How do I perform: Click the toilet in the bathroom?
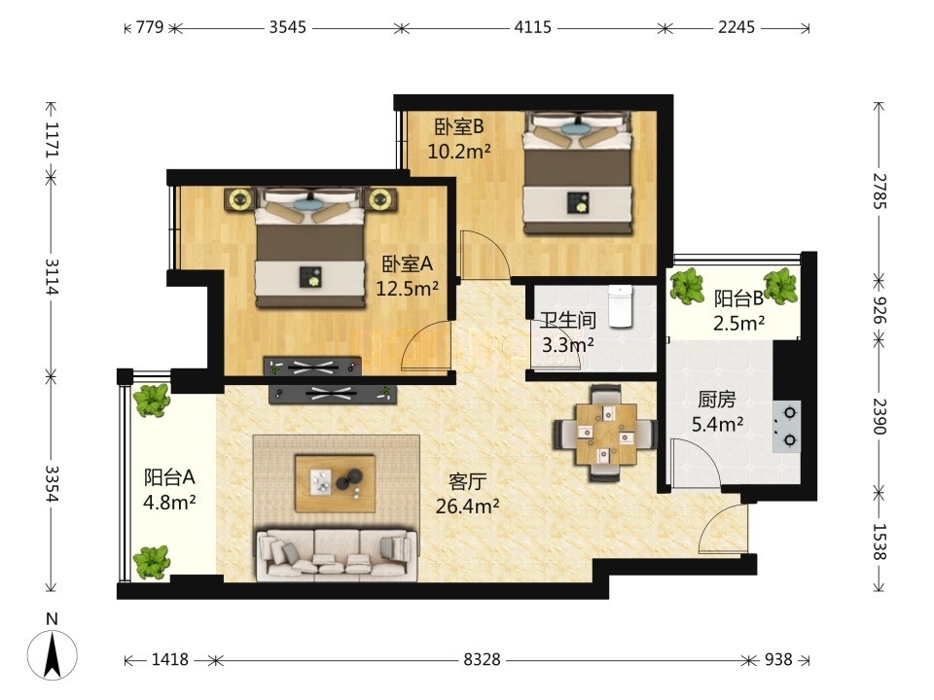pyautogui.click(x=620, y=306)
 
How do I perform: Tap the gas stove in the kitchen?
pyautogui.click(x=787, y=426)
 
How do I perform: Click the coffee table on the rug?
pyautogui.click(x=335, y=483)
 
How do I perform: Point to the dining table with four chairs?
pyautogui.click(x=606, y=433)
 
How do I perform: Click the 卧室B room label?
pyautogui.click(x=458, y=126)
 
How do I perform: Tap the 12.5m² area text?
pyautogui.click(x=408, y=289)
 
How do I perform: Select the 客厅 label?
pyautogui.click(x=468, y=480)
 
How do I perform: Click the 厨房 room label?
pyautogui.click(x=717, y=400)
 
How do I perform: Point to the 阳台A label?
pyautogui.click(x=169, y=476)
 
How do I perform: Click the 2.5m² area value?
pyautogui.click(x=739, y=323)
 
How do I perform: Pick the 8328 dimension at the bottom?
pyautogui.click(x=482, y=659)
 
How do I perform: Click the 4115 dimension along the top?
pyautogui.click(x=532, y=27)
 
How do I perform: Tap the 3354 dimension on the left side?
pyautogui.click(x=53, y=483)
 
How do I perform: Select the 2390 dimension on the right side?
pyautogui.click(x=880, y=416)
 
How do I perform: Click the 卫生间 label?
pyautogui.click(x=568, y=320)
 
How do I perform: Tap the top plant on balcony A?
pyautogui.click(x=152, y=400)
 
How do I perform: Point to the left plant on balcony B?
pyautogui.click(x=687, y=286)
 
